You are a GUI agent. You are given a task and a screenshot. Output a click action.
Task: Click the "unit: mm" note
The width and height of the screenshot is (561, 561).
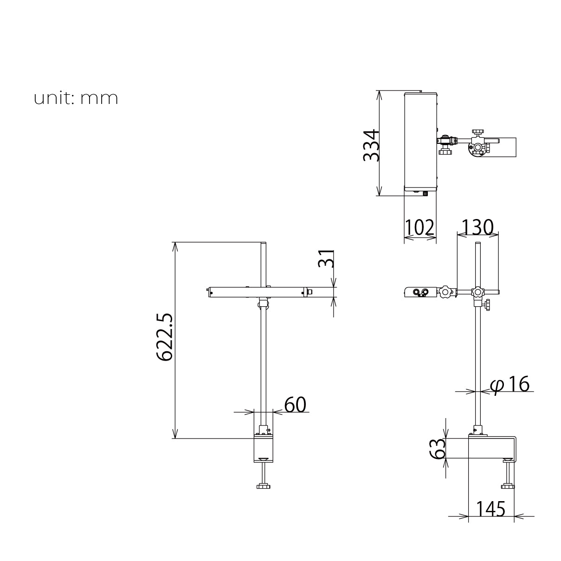point(76,98)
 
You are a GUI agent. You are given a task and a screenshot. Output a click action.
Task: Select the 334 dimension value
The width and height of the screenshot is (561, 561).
point(372,145)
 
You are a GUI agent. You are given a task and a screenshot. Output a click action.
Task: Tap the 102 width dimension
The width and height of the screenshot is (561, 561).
point(420,228)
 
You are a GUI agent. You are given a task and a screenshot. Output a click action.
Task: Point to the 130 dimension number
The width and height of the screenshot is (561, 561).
point(477,227)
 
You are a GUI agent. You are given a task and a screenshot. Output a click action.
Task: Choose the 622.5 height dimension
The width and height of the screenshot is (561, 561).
point(164,337)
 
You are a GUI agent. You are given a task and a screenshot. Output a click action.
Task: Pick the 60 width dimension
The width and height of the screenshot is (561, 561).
point(295,405)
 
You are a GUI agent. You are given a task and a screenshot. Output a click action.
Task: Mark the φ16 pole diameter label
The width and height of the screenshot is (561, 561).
point(510,385)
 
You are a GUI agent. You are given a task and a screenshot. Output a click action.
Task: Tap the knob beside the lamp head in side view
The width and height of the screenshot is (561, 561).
point(446,292)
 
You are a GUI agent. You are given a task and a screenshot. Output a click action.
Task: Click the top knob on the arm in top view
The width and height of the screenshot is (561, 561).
point(477,132)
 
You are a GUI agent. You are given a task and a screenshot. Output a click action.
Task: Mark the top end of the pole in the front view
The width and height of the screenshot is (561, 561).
point(264,244)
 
